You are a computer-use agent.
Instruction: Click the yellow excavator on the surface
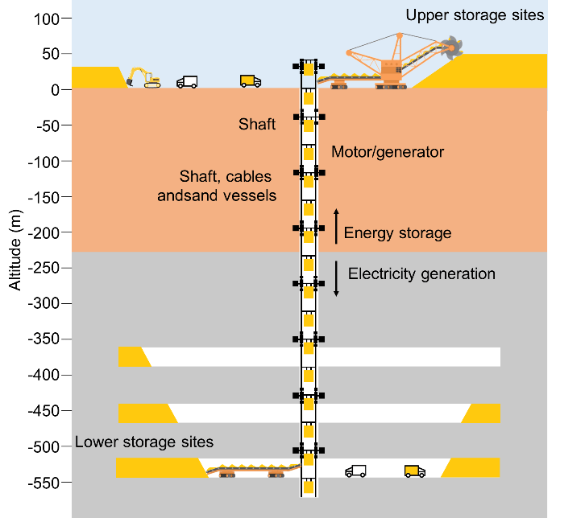coord(143,77)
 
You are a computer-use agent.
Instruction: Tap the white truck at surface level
coord(187,81)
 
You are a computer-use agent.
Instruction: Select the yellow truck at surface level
coord(251,80)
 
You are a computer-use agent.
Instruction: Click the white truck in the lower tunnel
coord(355,471)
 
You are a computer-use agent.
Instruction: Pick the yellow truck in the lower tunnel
coord(415,471)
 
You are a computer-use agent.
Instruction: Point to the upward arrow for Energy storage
coord(337,225)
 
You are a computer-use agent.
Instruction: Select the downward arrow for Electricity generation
coord(337,278)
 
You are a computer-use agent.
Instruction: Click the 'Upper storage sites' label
coord(475,15)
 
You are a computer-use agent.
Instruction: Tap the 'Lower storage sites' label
coord(144,442)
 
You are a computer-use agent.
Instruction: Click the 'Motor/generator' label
coord(388,151)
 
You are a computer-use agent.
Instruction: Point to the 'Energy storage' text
coord(397,233)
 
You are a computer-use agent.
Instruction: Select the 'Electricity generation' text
coord(421,273)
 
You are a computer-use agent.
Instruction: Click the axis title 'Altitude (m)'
coord(14,249)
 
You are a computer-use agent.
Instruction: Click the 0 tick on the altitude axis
coord(55,90)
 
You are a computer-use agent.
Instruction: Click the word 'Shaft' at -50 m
coord(257,124)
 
